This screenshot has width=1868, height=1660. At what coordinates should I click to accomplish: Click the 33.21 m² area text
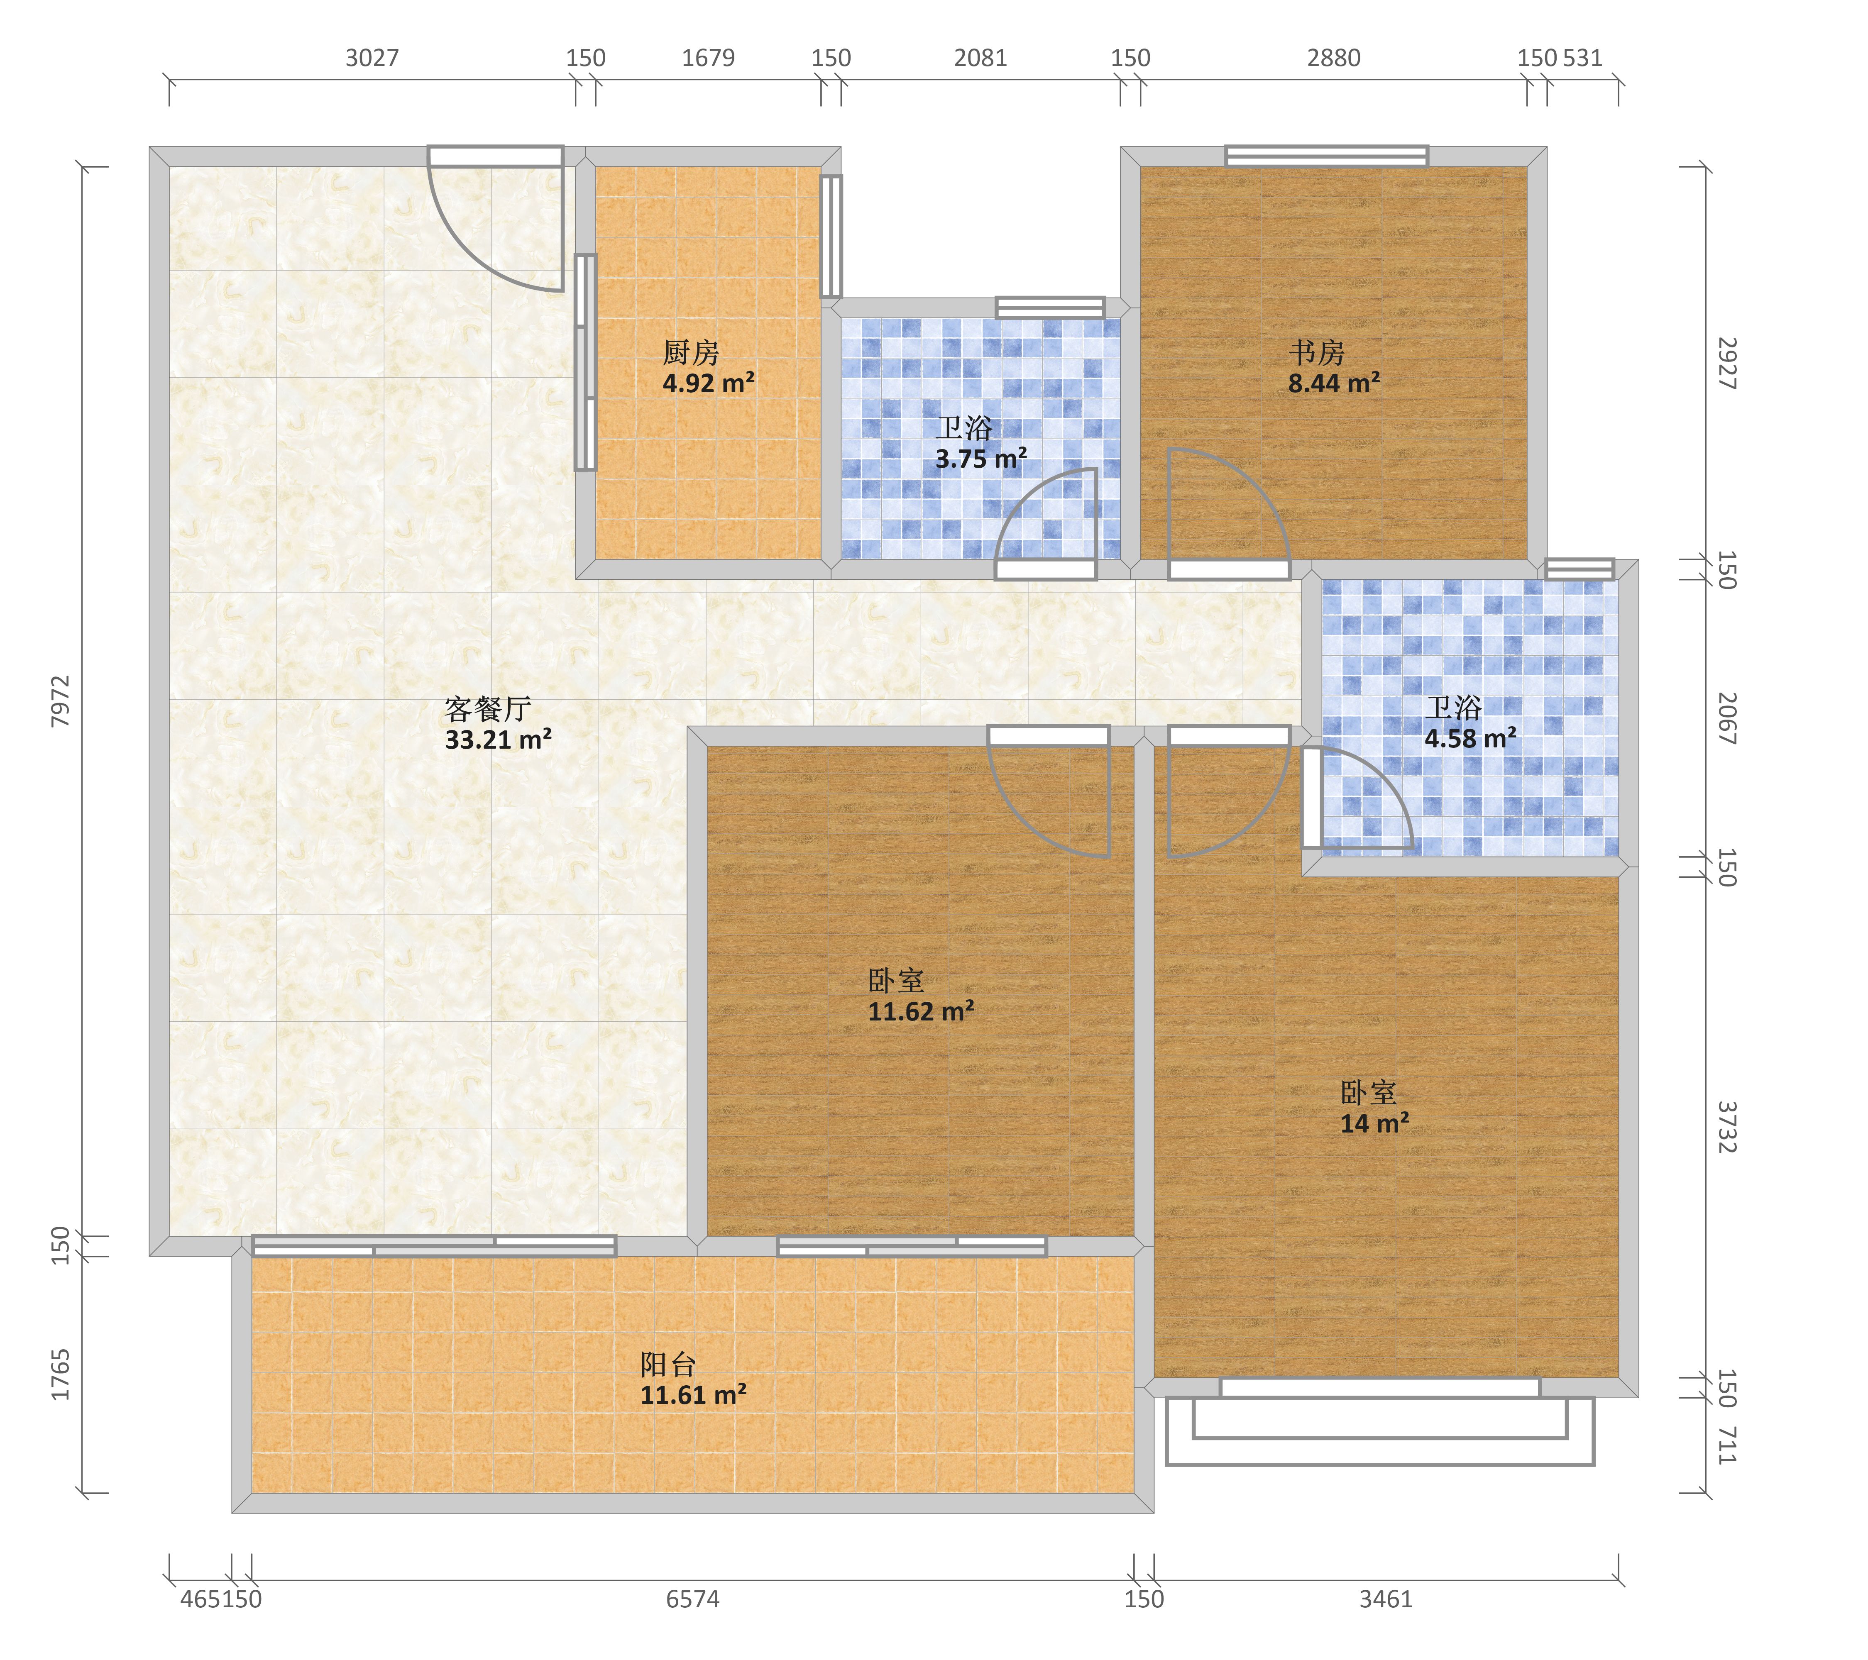click(498, 739)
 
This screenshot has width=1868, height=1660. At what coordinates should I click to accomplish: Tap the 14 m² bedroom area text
click(1374, 1123)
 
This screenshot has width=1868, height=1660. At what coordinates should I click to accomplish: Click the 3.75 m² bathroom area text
click(980, 459)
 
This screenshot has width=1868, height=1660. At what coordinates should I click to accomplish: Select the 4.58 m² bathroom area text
click(1470, 738)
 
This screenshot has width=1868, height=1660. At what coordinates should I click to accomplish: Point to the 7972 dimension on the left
click(60, 702)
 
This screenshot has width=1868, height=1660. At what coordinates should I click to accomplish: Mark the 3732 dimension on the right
click(1726, 1128)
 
